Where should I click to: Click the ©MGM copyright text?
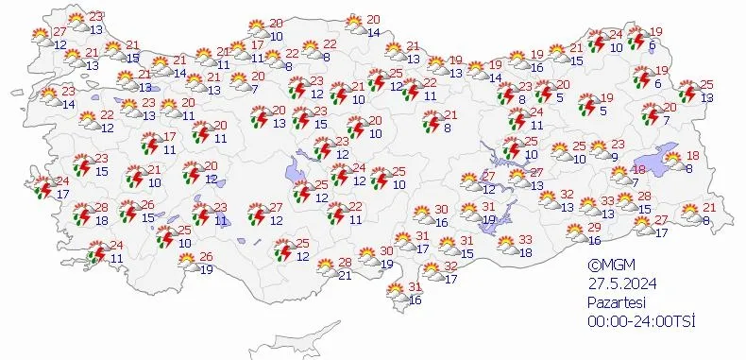(x=607, y=266)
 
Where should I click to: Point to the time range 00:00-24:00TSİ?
(x=640, y=321)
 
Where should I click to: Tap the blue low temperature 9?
(x=613, y=157)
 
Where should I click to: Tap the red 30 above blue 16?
(x=441, y=210)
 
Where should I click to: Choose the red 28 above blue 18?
(x=101, y=208)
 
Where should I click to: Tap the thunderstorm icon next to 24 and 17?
(x=43, y=187)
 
